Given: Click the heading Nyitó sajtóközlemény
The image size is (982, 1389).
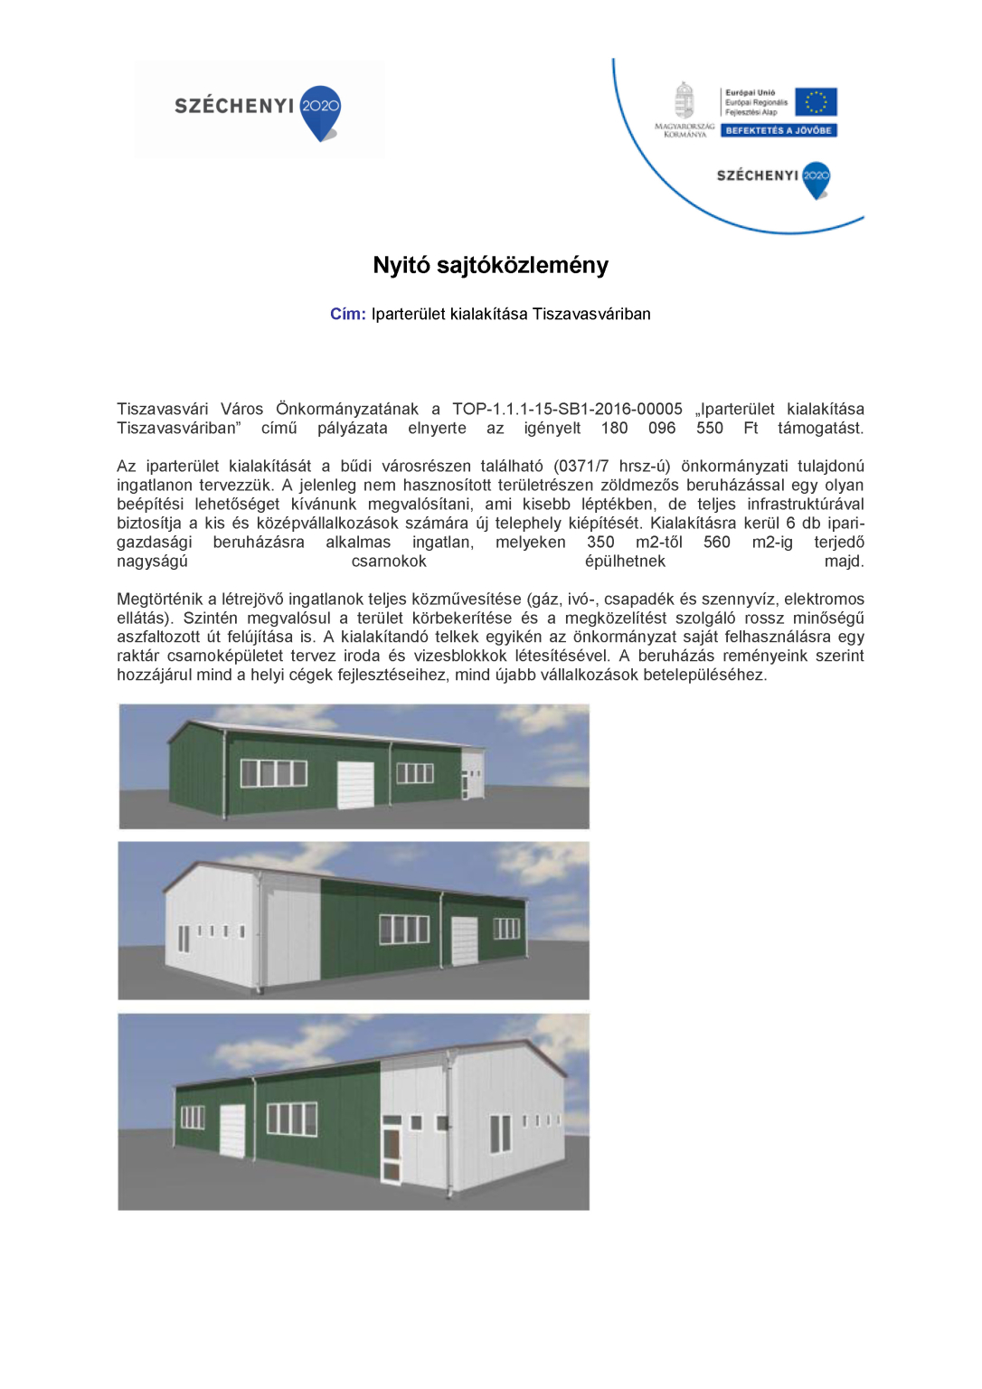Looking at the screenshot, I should (x=490, y=265).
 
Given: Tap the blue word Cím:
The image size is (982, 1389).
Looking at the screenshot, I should (x=347, y=314).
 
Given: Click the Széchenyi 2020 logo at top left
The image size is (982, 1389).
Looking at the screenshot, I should (x=259, y=109).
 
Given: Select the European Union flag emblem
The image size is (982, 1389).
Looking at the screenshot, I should (x=816, y=101).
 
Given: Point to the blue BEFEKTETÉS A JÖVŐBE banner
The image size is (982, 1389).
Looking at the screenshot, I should (x=779, y=130).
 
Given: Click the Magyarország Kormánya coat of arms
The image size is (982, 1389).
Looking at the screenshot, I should (x=685, y=100).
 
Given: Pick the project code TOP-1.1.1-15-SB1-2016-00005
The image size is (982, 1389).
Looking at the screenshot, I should (x=567, y=409).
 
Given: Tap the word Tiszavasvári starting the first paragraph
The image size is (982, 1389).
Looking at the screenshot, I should (x=162, y=409).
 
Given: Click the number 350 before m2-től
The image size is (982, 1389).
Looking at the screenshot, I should (x=600, y=542).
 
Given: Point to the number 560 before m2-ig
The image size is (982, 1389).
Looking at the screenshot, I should (x=716, y=542).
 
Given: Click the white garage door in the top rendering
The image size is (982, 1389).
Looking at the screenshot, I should (x=355, y=784).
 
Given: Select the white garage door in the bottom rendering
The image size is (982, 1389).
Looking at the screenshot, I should (x=232, y=1129).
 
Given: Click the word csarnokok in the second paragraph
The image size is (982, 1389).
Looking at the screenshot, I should (x=389, y=561).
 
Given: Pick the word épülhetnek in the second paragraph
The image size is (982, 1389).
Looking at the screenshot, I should (x=625, y=561).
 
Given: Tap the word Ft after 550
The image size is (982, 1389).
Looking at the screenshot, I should (x=751, y=428).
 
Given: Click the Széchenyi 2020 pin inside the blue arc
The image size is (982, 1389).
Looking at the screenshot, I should (x=816, y=178).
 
